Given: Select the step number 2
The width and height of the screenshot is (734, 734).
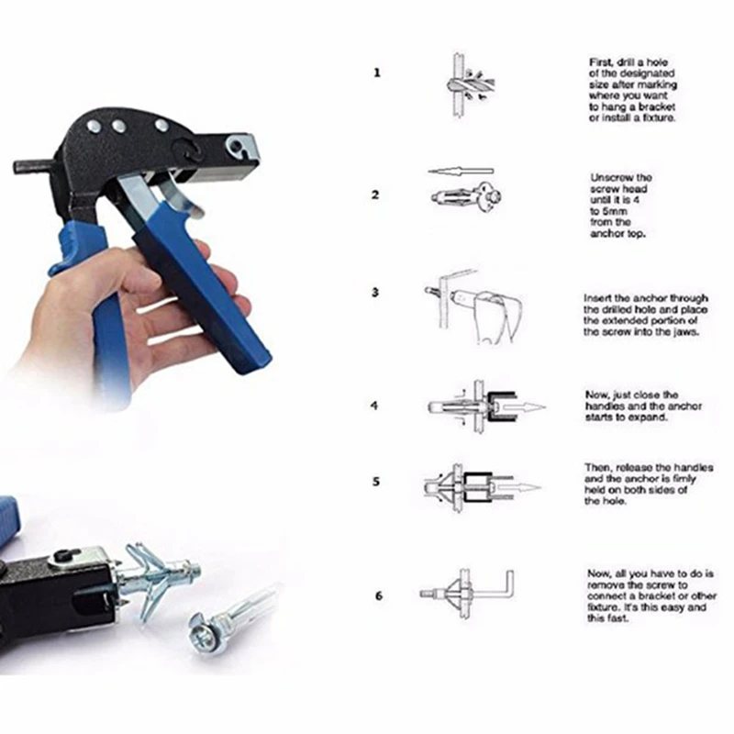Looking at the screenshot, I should [376, 195].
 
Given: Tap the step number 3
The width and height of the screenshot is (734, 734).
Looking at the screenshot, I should [376, 293].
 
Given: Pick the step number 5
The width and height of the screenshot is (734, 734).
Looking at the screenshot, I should [376, 480].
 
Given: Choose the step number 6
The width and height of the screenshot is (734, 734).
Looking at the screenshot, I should [377, 595].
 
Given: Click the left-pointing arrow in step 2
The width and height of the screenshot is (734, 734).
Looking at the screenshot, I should [461, 171].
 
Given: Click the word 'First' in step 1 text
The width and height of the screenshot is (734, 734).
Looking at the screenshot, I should [600, 61].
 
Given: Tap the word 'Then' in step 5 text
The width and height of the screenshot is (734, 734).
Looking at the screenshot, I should [599, 467].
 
